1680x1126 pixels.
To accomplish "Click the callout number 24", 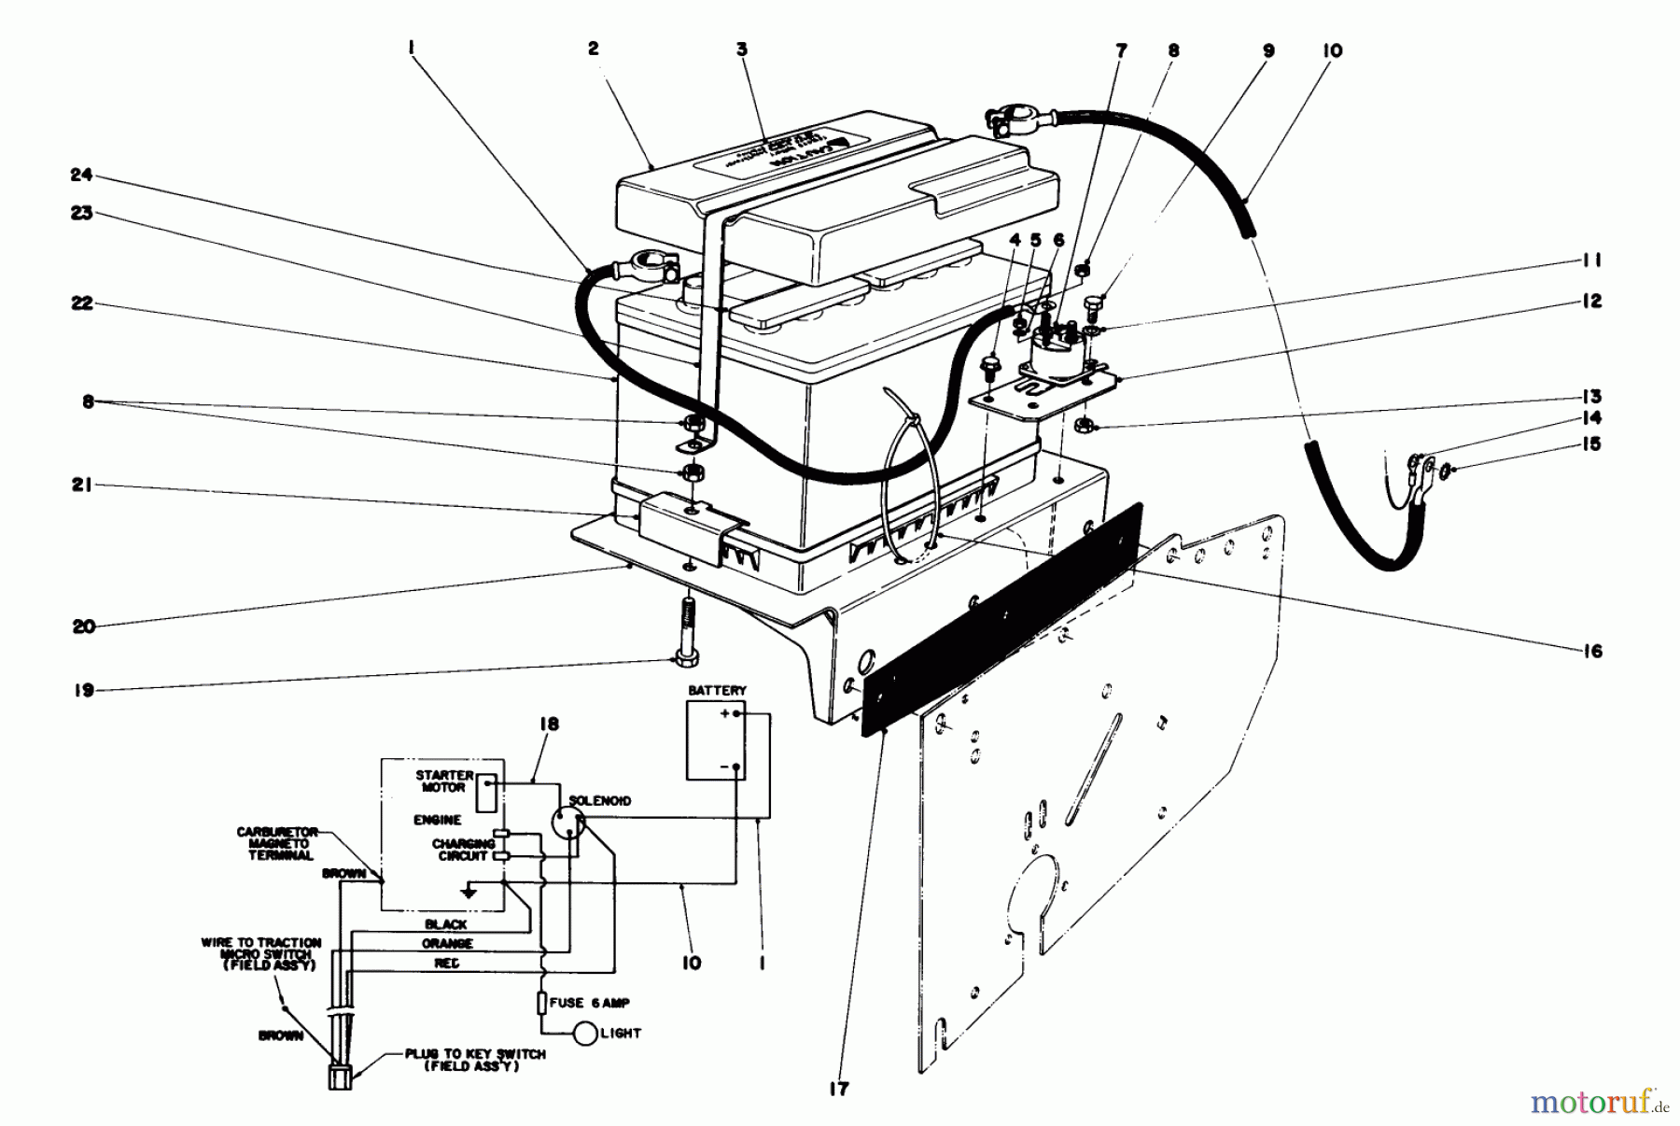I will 82,175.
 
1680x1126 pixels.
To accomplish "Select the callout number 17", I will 839,1088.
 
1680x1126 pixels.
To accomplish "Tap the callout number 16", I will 1592,651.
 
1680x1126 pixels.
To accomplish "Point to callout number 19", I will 84,691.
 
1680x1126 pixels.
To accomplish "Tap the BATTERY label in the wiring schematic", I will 717,690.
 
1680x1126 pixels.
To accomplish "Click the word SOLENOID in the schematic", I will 599,801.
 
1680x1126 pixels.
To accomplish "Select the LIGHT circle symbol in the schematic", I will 585,1034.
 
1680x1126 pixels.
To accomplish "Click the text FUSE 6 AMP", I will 589,1003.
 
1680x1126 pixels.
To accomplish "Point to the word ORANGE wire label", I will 447,944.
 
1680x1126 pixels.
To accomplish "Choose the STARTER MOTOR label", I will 445,781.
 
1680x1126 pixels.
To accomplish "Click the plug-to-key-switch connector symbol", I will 341,1077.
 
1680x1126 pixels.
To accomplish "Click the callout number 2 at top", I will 594,49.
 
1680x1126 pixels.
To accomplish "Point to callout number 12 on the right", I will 1591,301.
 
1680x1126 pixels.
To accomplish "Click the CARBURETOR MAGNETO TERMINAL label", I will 277,843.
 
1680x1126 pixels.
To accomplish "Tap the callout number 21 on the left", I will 82,486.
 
